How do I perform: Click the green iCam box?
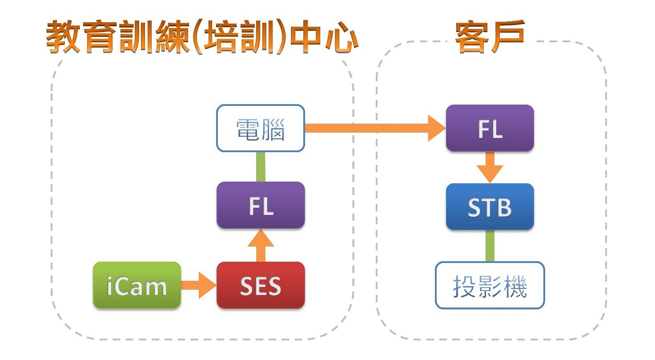point(137,285)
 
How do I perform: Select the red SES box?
point(261,285)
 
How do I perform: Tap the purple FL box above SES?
point(261,205)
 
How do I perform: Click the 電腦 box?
point(261,128)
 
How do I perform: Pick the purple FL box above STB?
point(490,128)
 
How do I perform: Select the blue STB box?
point(490,206)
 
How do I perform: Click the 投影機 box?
point(490,285)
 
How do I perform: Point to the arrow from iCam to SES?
point(198,285)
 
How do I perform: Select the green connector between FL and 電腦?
point(261,166)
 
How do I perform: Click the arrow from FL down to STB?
point(490,167)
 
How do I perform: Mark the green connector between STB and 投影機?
point(490,246)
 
